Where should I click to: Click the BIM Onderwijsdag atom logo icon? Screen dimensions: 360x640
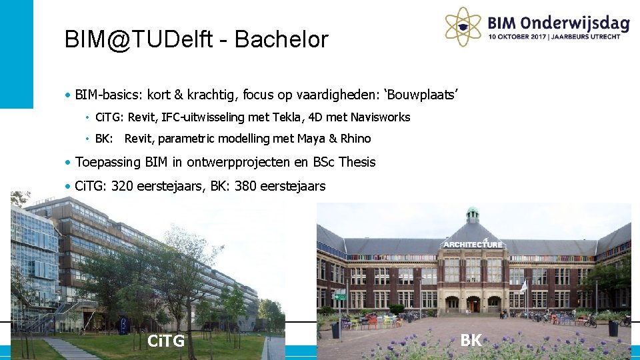pyautogui.click(x=464, y=25)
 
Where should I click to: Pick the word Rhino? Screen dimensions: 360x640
pyautogui.click(x=355, y=139)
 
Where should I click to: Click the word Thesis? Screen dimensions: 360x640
pyautogui.click(x=357, y=162)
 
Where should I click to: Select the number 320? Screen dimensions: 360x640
pyautogui.click(x=123, y=186)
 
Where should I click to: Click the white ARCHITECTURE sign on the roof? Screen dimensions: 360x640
pyautogui.click(x=473, y=244)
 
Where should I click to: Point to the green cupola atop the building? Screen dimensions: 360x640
pyautogui.click(x=473, y=215)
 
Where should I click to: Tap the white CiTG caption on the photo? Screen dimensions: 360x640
pyautogui.click(x=166, y=342)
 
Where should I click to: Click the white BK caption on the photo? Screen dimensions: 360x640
pyautogui.click(x=471, y=340)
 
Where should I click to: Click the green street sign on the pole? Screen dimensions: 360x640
pyautogui.click(x=341, y=297)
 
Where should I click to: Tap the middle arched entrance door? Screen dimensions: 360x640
pyautogui.click(x=473, y=305)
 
